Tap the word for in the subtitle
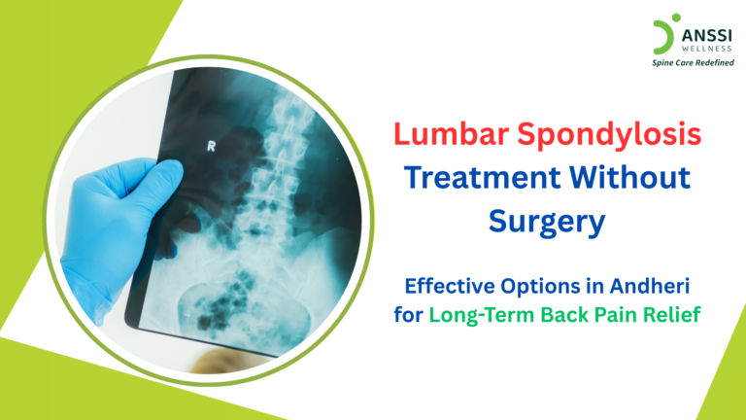(x=408, y=314)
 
